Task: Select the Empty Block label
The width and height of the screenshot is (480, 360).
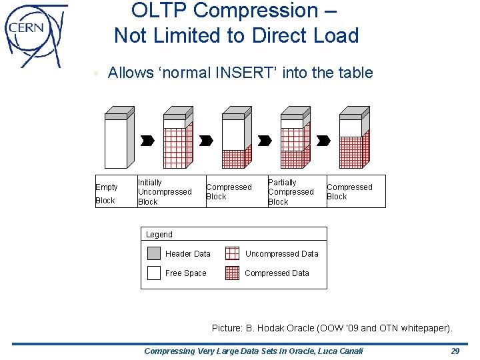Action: [x=106, y=193]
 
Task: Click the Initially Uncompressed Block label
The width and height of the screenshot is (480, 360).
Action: [x=164, y=192]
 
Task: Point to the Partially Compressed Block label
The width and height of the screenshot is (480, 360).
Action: [x=290, y=192]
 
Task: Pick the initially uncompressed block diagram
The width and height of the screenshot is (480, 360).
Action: [x=177, y=138]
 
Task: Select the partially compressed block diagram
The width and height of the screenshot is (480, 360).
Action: [x=294, y=138]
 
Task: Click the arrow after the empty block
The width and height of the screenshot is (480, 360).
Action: [x=148, y=141]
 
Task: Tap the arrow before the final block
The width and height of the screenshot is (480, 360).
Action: [x=323, y=141]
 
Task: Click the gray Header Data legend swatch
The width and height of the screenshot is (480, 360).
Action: [x=154, y=253]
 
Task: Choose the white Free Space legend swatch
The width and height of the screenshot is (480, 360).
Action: [x=154, y=273]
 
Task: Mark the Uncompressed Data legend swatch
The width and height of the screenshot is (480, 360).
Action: [x=232, y=253]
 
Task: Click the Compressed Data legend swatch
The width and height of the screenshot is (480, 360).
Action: [x=232, y=273]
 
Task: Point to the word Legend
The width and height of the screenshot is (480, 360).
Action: [x=159, y=235]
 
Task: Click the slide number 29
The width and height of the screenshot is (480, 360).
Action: [x=455, y=351]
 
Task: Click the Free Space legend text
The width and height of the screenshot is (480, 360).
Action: [x=185, y=273]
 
